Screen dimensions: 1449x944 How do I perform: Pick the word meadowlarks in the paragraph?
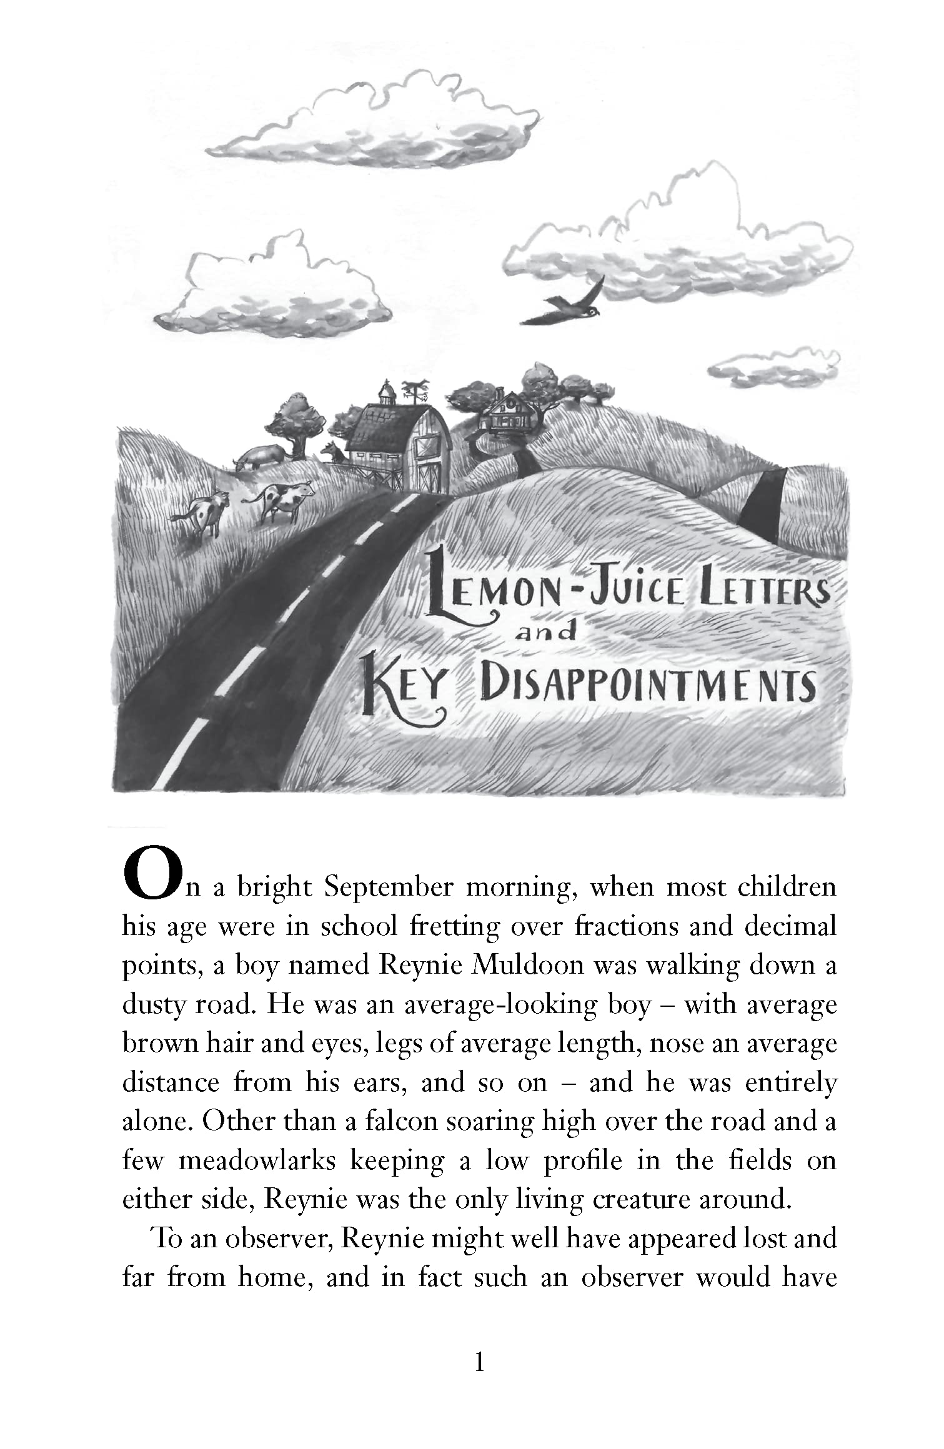coord(258,1160)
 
